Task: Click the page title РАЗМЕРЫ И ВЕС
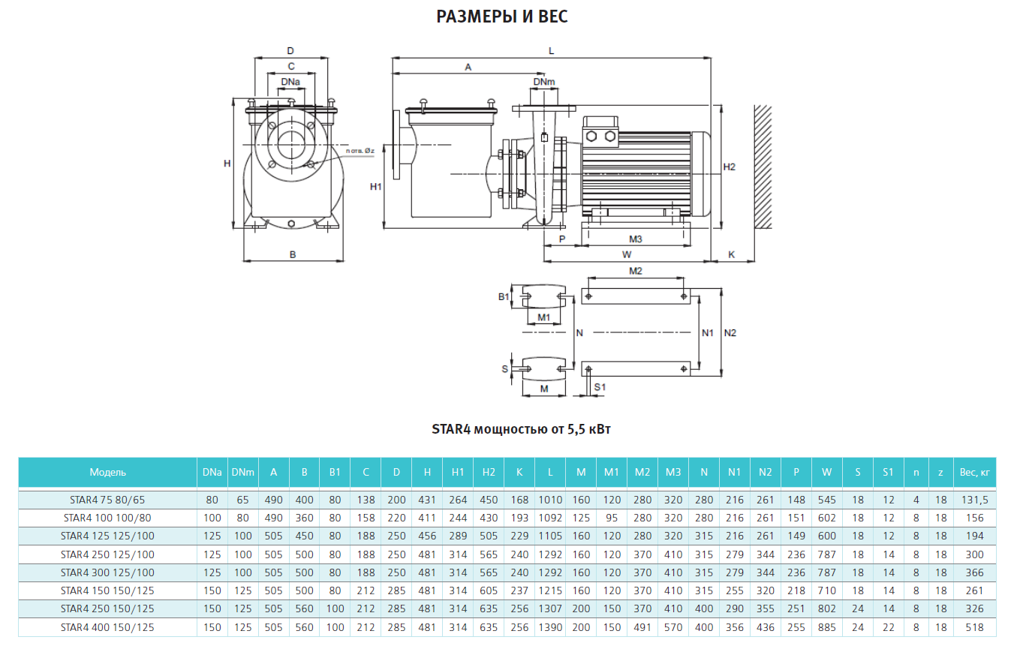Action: [x=501, y=17]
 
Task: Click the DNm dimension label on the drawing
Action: [x=543, y=82]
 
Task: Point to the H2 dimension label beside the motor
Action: [x=730, y=167]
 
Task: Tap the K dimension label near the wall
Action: [x=732, y=255]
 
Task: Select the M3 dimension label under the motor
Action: [x=636, y=239]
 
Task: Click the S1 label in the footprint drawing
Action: [x=600, y=387]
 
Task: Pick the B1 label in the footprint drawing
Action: [x=504, y=297]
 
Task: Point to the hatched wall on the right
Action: [x=763, y=167]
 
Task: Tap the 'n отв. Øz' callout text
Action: [x=360, y=151]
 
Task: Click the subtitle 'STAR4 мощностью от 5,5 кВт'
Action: [x=521, y=429]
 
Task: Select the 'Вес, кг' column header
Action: [x=975, y=473]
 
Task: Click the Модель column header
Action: [x=108, y=473]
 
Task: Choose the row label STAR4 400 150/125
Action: [x=107, y=627]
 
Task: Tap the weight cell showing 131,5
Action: [x=975, y=500]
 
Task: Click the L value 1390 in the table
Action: [x=550, y=627]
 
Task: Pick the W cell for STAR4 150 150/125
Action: [x=826, y=590]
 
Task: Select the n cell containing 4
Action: [x=916, y=500]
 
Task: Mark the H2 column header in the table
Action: [x=489, y=473]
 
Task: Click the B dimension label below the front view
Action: [x=293, y=255]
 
